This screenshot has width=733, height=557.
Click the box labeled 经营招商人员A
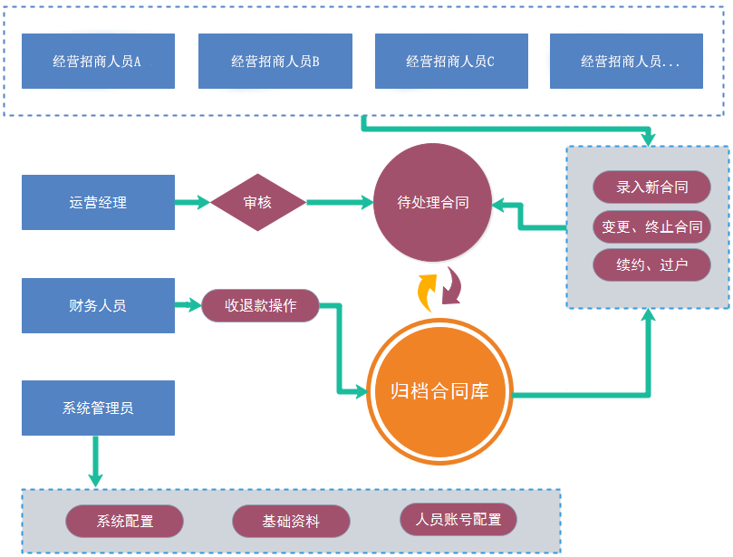coord(98,62)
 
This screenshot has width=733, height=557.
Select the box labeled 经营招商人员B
coord(275,62)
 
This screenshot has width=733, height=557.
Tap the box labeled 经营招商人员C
coord(450,62)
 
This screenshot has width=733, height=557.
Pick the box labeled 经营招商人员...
coord(626,62)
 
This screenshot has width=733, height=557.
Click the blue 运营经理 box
coord(98,203)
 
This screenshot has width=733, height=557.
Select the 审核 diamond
coord(257,203)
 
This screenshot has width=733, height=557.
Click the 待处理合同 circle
coord(433,203)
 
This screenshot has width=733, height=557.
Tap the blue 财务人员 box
coord(98,306)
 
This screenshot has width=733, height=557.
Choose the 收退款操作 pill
coord(261,305)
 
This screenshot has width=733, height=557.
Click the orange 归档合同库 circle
coord(439,391)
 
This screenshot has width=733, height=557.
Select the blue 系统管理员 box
coord(98,408)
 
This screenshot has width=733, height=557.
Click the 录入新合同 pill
coord(651,187)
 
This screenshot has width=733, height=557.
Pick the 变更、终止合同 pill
coord(651,226)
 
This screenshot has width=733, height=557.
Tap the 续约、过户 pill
coord(651,265)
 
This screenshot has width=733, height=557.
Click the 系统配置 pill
coord(125,522)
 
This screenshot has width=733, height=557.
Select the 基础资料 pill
coord(291,522)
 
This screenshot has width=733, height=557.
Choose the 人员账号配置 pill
coord(458,520)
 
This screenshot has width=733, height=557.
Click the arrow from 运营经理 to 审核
coord(192,203)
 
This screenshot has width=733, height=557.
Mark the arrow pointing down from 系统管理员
coord(94,462)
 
